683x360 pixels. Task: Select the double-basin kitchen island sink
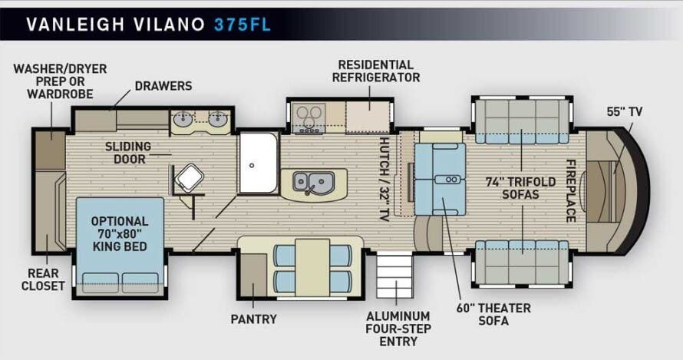pyautogui.click(x=313, y=183)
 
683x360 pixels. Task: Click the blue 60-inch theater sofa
pyautogui.click(x=440, y=178)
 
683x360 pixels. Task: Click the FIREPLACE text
pyautogui.click(x=571, y=190)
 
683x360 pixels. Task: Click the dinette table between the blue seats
pyautogui.click(x=312, y=266)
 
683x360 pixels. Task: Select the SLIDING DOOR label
pyautogui.click(x=129, y=153)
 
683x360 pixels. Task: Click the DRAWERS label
pyautogui.click(x=163, y=86)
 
